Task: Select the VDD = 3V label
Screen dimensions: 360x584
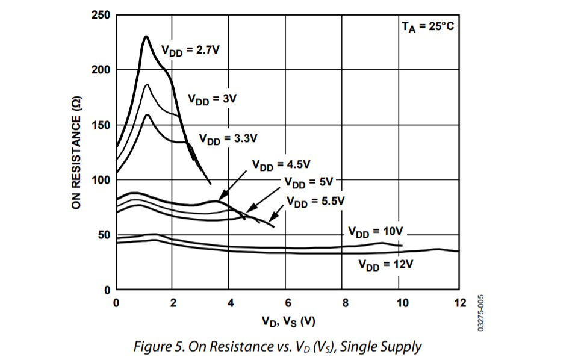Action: point(213,99)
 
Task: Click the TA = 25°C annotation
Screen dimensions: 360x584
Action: point(427,26)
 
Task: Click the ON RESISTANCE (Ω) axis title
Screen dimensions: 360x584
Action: point(76,153)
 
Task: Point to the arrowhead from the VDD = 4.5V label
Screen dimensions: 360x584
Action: point(219,198)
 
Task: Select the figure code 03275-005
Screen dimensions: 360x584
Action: point(481,314)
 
